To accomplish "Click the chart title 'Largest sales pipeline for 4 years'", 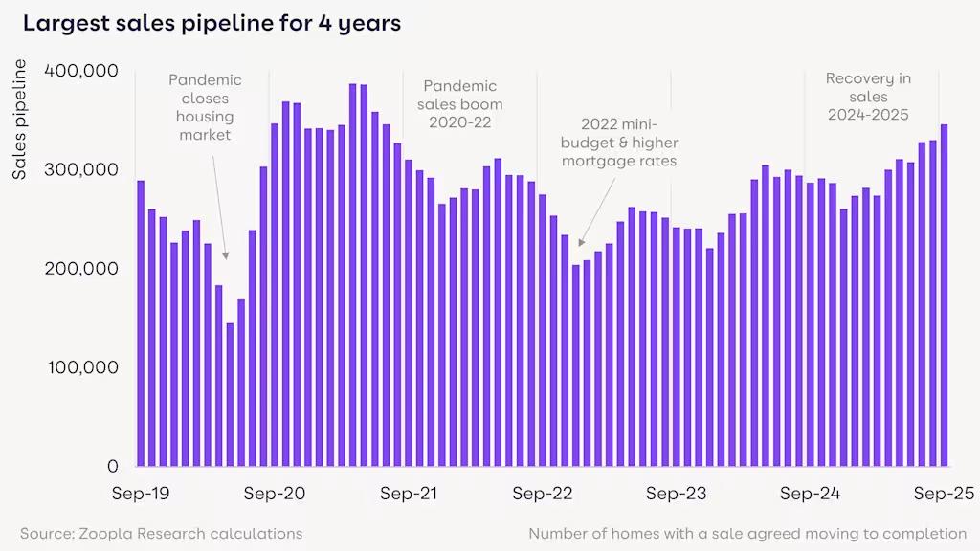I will coord(212,24).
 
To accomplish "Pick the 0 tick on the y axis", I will coord(112,466).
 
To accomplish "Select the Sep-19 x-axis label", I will coord(141,494).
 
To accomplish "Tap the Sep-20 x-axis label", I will coord(275,494).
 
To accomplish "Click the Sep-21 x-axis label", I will coord(409,494).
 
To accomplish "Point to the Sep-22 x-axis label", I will coord(542,494).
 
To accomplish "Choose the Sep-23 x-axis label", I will coord(676,494).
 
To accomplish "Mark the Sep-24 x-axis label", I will coord(810,494).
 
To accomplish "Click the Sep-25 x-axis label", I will coord(943,494).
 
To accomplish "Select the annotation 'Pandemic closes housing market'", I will coord(205,107).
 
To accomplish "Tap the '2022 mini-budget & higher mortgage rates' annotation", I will coord(619,143).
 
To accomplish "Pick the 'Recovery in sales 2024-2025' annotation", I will coord(867,97).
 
